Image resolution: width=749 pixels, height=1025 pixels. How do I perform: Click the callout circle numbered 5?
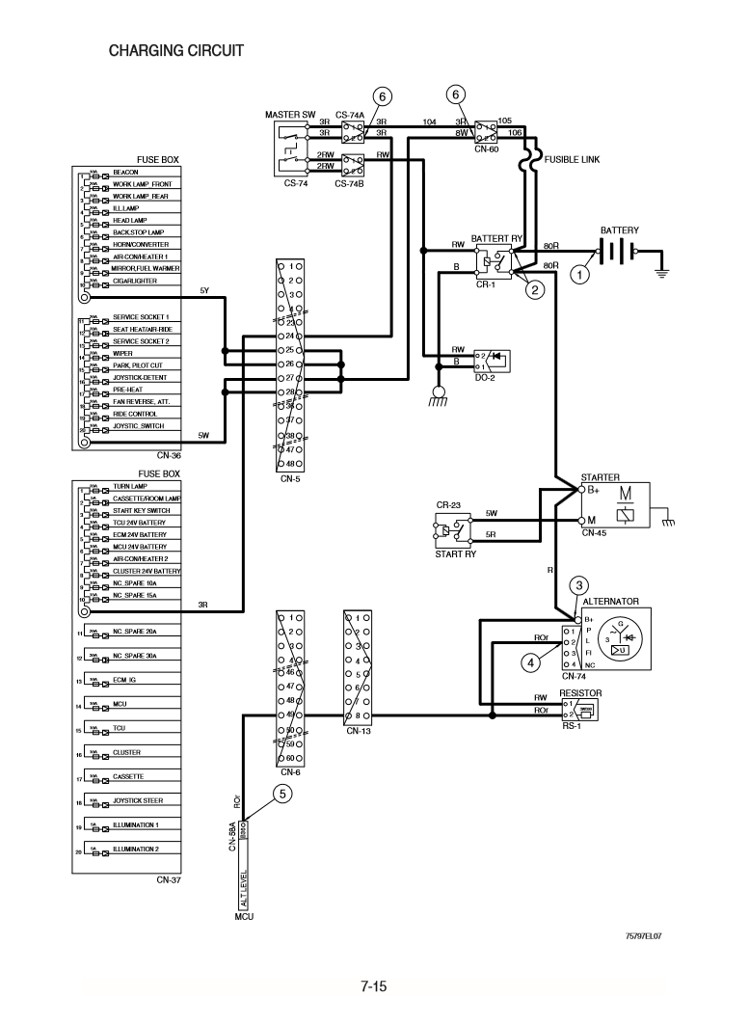click(282, 794)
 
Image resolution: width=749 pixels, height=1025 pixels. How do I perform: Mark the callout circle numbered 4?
click(528, 661)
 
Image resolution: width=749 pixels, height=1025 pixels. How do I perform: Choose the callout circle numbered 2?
click(535, 286)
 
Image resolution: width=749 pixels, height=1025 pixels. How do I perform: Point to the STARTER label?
click(601, 477)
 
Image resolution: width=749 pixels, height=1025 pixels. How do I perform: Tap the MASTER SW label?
click(290, 116)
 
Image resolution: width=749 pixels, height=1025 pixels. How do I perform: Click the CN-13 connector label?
click(359, 730)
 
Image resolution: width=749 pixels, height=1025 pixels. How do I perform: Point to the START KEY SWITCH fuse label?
click(141, 510)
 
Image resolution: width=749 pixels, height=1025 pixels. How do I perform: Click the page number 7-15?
click(374, 985)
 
